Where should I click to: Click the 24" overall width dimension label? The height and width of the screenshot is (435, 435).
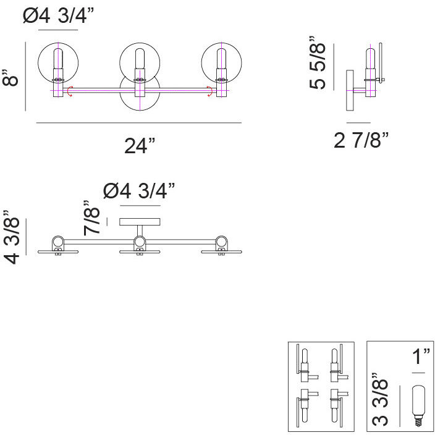[140, 146]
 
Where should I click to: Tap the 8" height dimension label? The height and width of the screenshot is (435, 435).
[10, 78]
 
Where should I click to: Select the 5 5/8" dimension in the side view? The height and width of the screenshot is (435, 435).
[317, 62]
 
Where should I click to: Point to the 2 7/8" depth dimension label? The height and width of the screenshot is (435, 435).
[361, 140]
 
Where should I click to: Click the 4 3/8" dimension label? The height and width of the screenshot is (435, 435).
[12, 237]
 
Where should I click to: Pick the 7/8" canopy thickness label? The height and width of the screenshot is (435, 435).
[91, 217]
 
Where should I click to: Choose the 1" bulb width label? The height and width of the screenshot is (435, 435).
[421, 356]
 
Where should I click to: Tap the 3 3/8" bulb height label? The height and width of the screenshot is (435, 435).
[379, 400]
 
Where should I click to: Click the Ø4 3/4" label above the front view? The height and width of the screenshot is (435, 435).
[59, 15]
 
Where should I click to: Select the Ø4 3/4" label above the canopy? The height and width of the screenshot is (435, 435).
[139, 191]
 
